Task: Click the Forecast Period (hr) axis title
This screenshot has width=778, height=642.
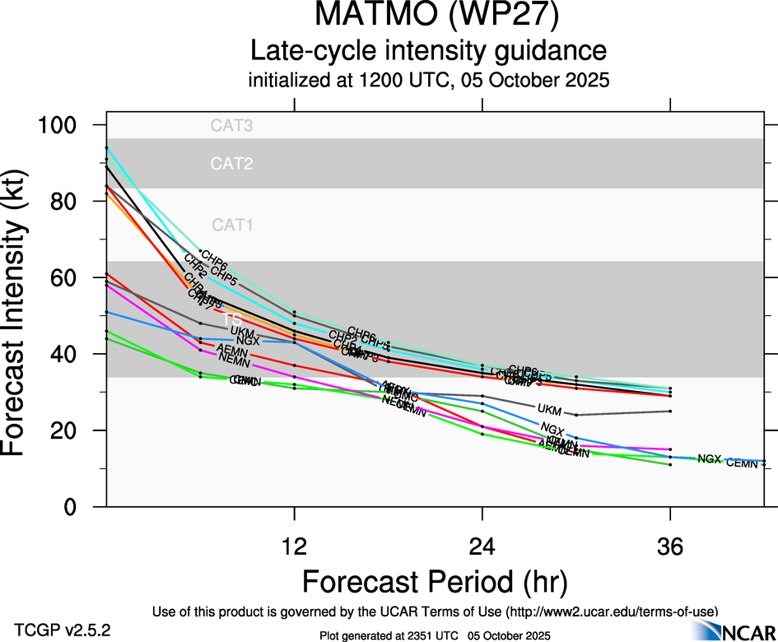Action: pyautogui.click(x=435, y=583)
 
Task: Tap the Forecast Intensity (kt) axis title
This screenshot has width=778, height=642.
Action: pyautogui.click(x=22, y=316)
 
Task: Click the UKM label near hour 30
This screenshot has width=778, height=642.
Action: pyautogui.click(x=548, y=409)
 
